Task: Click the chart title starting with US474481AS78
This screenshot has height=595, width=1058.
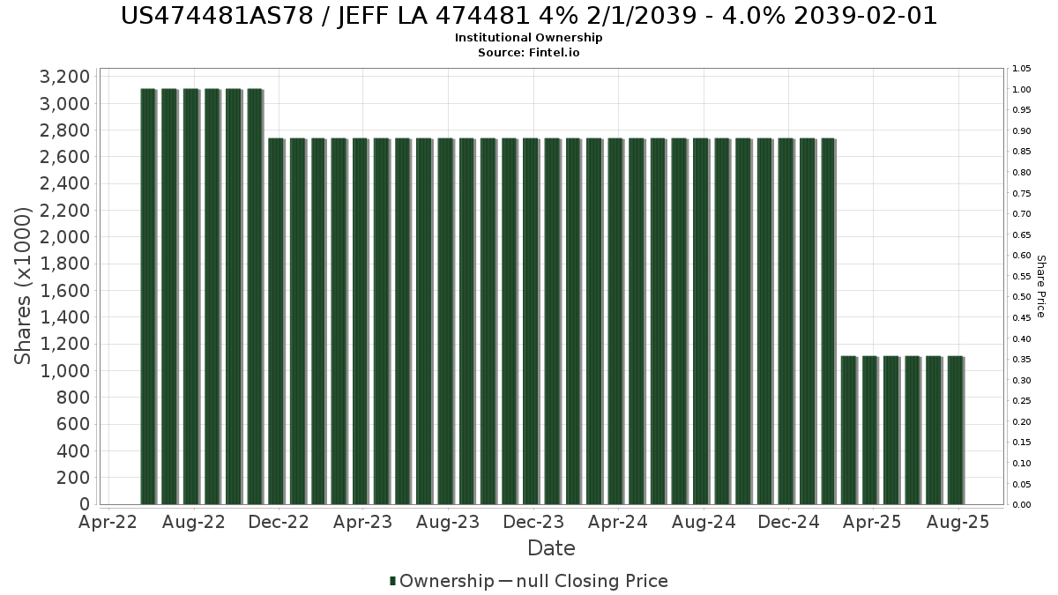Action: point(529,16)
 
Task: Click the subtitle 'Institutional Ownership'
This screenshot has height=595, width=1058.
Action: point(528,38)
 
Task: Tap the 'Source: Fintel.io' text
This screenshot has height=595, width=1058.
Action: point(528,52)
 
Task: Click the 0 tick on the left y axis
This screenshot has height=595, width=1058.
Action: point(85,504)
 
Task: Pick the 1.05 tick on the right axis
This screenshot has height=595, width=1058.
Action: point(1022,69)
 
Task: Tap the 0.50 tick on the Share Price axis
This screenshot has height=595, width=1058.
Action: point(1022,297)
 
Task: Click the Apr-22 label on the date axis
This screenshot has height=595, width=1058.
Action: point(108,522)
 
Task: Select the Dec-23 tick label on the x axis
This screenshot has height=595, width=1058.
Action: point(533,522)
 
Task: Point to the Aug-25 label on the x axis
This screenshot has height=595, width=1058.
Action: point(957,522)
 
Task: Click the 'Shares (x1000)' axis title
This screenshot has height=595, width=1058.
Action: point(22,286)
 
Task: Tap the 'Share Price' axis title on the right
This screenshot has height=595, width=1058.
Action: point(1041,286)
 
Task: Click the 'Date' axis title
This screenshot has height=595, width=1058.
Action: point(551,548)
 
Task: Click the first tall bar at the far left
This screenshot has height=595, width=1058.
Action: point(148,296)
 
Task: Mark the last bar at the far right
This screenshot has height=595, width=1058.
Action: point(956,430)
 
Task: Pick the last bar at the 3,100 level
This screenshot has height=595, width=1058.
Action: point(255,296)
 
